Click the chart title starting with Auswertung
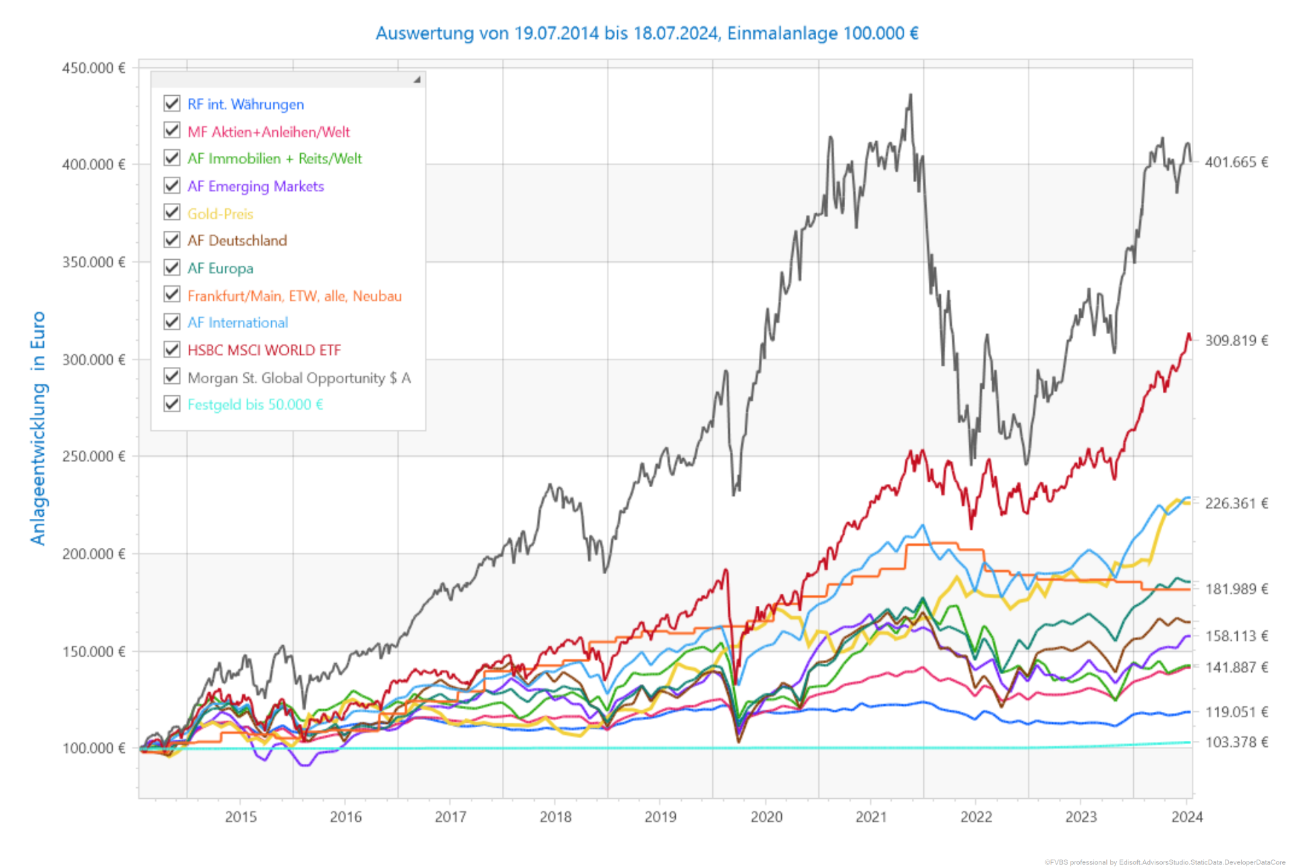pyautogui.click(x=647, y=33)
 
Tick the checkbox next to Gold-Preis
pyautogui.click(x=172, y=213)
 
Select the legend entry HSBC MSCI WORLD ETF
pyautogui.click(x=264, y=350)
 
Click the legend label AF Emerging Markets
pyautogui.click(x=256, y=186)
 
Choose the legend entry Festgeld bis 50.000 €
pyautogui.click(x=255, y=405)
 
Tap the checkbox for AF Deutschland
pyautogui.click(x=172, y=240)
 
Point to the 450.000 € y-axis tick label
pyautogui.click(x=94, y=68)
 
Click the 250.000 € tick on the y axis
pyautogui.click(x=94, y=456)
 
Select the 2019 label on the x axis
pyautogui.click(x=660, y=817)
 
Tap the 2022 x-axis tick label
pyautogui.click(x=976, y=817)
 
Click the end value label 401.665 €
pyautogui.click(x=1236, y=162)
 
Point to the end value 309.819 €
pyautogui.click(x=1236, y=341)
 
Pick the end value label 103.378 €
pyautogui.click(x=1236, y=742)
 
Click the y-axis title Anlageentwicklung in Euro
pyautogui.click(x=38, y=428)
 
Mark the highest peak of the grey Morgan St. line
pyautogui.click(x=911, y=95)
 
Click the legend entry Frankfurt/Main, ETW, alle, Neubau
pyautogui.click(x=294, y=296)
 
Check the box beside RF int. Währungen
pyautogui.click(x=172, y=103)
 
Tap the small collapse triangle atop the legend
pyautogui.click(x=417, y=80)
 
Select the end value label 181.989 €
pyautogui.click(x=1236, y=589)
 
